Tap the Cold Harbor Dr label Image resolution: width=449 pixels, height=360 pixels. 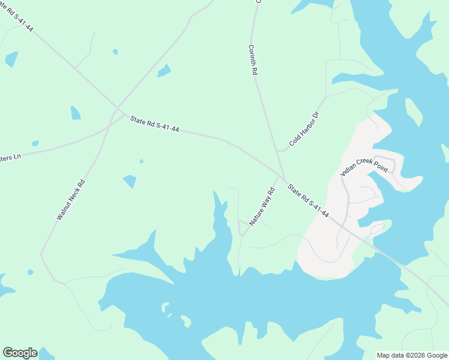(x=303, y=128)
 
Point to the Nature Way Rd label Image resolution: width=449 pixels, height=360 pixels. (x=262, y=206)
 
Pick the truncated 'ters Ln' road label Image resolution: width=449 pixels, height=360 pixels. (x=10, y=157)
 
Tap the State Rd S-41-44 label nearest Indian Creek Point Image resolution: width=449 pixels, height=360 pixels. (x=308, y=200)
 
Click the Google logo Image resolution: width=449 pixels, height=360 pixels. (x=20, y=353)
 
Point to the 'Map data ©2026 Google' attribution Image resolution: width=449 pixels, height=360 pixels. (x=411, y=355)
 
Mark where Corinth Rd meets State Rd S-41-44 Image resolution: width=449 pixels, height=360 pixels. (x=280, y=175)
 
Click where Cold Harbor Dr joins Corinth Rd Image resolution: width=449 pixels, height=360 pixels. (x=277, y=151)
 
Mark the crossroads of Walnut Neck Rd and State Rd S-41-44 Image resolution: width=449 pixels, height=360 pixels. (x=114, y=112)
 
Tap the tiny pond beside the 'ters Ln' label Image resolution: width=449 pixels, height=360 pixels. (x=35, y=143)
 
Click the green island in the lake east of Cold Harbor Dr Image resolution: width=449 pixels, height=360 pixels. (x=413, y=112)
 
